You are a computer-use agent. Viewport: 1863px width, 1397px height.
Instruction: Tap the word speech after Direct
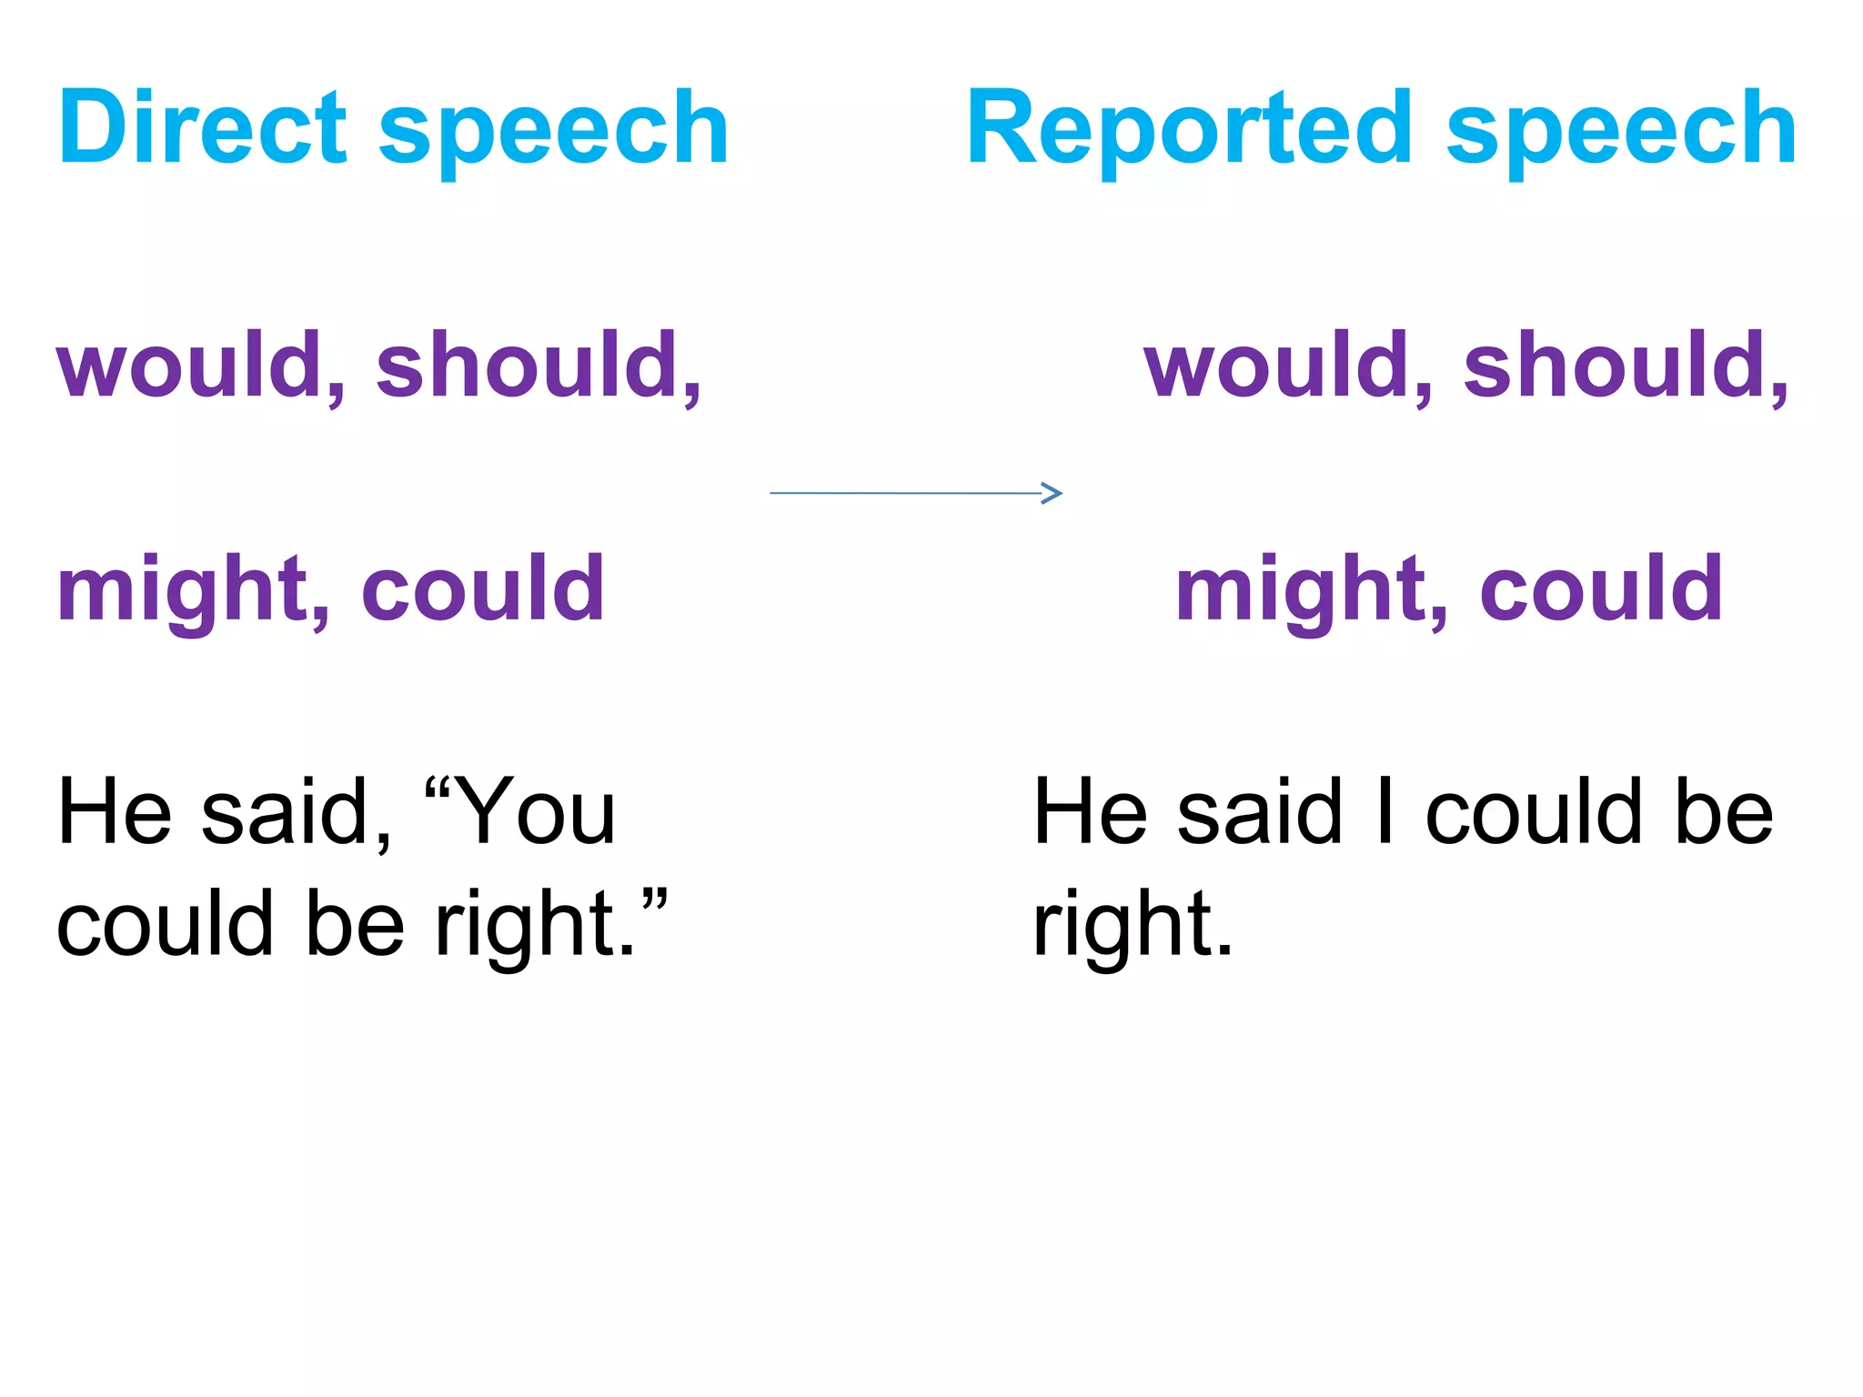click(x=553, y=132)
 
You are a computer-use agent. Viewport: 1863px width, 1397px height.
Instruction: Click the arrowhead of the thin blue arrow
click(x=1052, y=493)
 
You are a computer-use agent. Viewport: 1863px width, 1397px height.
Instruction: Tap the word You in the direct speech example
click(x=537, y=811)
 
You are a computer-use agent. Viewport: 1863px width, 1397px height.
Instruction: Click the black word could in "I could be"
click(x=1534, y=811)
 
